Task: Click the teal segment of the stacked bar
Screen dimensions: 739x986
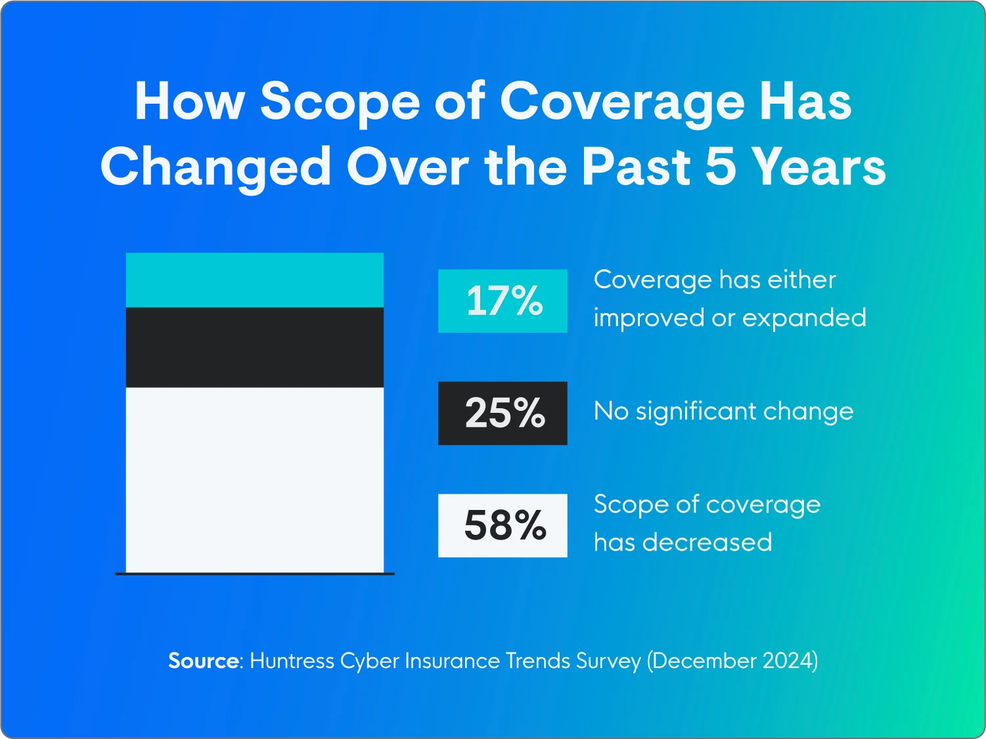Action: click(x=254, y=280)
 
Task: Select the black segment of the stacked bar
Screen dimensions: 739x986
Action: click(x=254, y=347)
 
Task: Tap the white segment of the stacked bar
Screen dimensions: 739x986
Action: click(x=254, y=479)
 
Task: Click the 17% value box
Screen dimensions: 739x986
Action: click(x=503, y=301)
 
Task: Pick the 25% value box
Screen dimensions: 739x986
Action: click(x=503, y=413)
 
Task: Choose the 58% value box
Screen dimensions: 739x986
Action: click(x=503, y=526)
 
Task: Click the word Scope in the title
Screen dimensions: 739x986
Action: click(x=340, y=103)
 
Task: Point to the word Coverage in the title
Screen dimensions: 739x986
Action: click(x=621, y=103)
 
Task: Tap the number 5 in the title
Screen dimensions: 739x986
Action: click(x=720, y=166)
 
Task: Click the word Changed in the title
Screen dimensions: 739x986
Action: click(x=215, y=167)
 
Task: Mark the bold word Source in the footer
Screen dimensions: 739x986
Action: click(x=203, y=660)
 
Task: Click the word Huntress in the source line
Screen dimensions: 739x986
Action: click(x=292, y=660)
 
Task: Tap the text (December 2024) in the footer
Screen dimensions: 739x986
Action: click(x=732, y=660)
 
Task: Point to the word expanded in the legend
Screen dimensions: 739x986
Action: click(x=804, y=318)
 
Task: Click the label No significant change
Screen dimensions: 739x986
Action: click(x=723, y=412)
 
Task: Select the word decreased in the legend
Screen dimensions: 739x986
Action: click(x=707, y=543)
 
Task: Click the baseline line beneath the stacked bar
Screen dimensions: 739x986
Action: click(x=254, y=574)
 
